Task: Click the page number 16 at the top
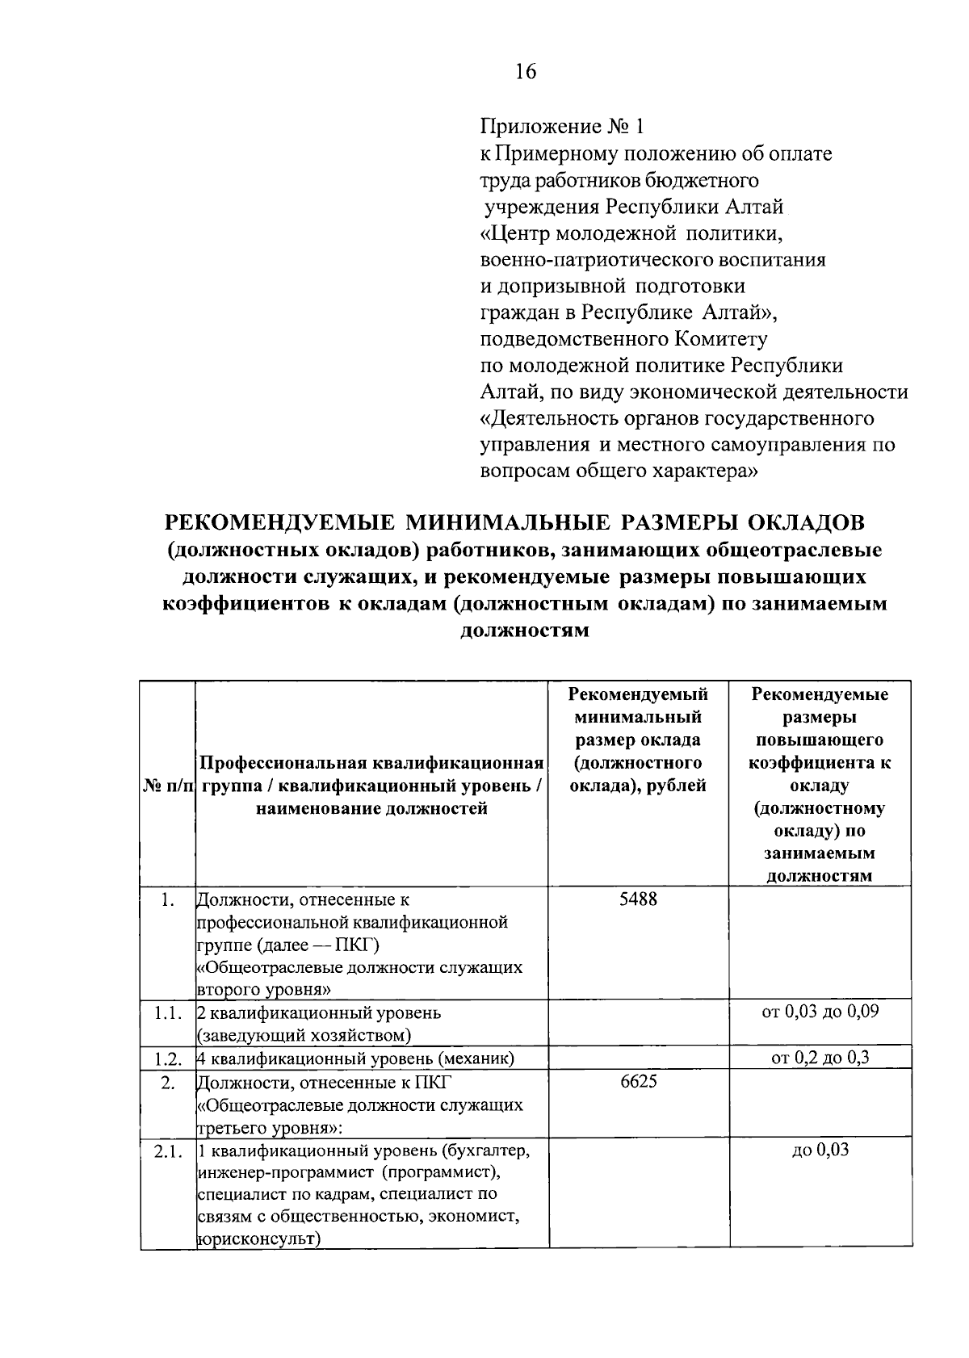[525, 72]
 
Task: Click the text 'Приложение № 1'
[563, 127]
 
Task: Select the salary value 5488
[638, 899]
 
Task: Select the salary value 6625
[638, 1082]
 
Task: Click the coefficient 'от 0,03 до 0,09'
[820, 1012]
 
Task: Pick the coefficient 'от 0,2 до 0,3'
[820, 1058]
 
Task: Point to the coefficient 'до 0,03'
[820, 1151]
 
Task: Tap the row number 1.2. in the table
[167, 1058]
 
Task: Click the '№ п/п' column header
[167, 786]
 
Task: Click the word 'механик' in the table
[479, 1058]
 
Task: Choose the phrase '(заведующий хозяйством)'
[304, 1035]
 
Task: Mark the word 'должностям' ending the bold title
[524, 631]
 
